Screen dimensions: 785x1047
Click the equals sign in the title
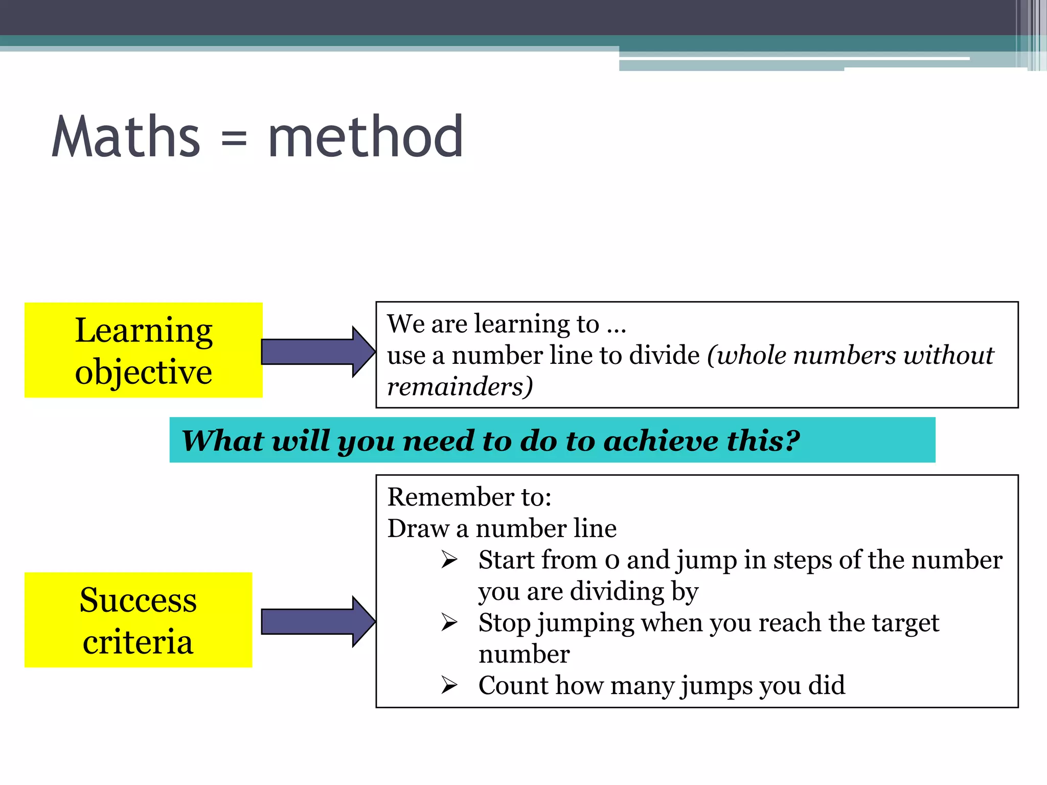point(234,139)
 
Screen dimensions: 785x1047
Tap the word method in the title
point(366,136)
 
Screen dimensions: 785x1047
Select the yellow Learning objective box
point(144,350)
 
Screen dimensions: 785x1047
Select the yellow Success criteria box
point(139,619)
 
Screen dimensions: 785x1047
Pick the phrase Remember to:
point(469,497)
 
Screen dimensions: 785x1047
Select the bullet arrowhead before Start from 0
point(449,560)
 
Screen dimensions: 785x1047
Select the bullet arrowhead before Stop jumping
point(449,622)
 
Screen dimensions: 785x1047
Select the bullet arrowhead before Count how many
point(449,685)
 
